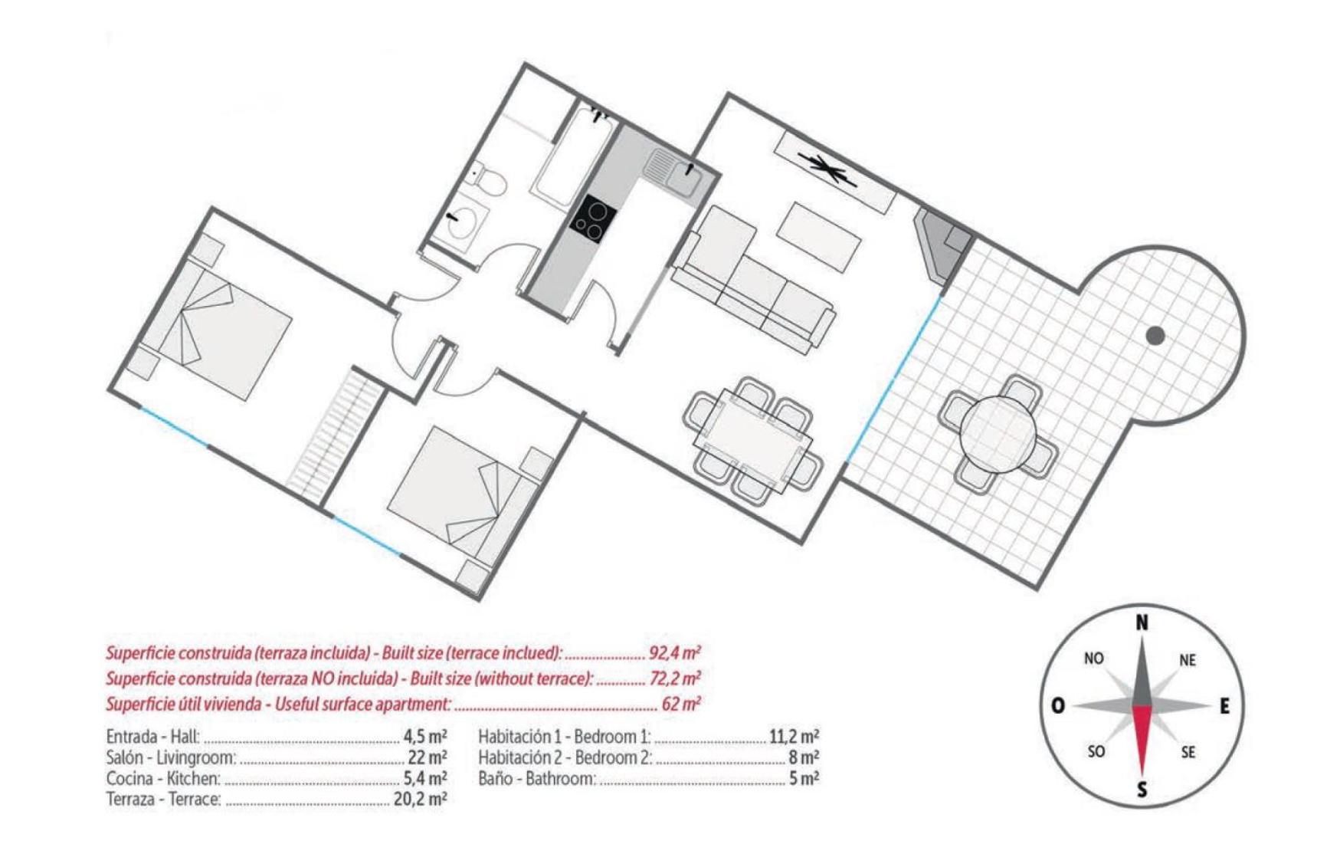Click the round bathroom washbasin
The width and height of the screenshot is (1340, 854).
[463, 221]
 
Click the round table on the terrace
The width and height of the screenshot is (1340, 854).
[998, 431]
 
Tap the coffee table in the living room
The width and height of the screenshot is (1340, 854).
[819, 236]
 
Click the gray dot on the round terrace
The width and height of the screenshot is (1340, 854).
[1155, 335]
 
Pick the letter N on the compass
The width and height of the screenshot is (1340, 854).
[1142, 622]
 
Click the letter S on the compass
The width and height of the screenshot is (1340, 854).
[1142, 790]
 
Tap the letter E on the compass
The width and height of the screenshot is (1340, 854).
[1224, 706]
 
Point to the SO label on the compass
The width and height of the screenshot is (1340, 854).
[1096, 751]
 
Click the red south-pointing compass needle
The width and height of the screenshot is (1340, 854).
[1142, 741]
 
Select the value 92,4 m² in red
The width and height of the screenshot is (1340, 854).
[674, 653]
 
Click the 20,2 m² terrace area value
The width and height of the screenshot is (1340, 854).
[420, 799]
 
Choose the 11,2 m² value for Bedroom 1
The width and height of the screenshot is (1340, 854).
[794, 737]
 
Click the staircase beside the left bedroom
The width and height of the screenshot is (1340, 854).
[335, 434]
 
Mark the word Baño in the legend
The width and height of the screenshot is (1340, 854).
[495, 778]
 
